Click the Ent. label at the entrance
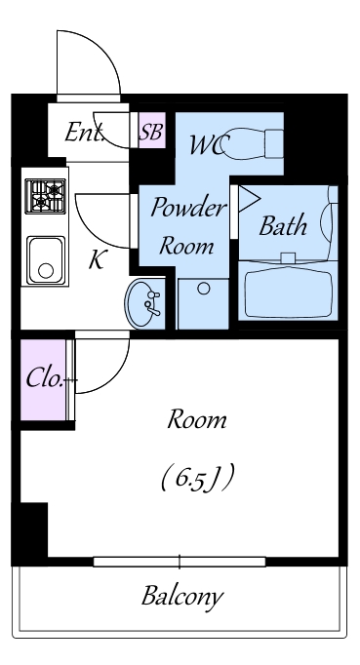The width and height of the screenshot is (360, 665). click(x=85, y=132)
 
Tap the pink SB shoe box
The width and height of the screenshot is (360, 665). click(x=152, y=131)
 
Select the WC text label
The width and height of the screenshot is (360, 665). click(x=210, y=145)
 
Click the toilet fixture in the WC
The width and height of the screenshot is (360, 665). click(x=252, y=143)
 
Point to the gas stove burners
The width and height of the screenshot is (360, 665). click(x=46, y=196)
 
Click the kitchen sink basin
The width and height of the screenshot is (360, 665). click(x=46, y=259)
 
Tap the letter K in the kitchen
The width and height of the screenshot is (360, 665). click(x=98, y=259)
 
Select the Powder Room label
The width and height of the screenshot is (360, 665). click(x=187, y=226)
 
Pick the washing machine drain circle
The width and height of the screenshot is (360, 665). click(x=204, y=289)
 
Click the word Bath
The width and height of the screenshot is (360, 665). click(x=283, y=225)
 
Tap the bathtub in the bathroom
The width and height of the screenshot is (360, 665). click(x=288, y=293)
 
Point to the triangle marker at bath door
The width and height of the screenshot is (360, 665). click(x=248, y=199)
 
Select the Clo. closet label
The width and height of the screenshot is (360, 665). click(x=46, y=378)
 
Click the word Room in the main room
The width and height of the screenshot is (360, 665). click(x=196, y=420)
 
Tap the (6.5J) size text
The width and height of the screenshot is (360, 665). click(x=197, y=478)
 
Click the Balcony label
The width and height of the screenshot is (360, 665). click(x=182, y=597)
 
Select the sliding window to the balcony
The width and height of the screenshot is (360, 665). click(x=180, y=562)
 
